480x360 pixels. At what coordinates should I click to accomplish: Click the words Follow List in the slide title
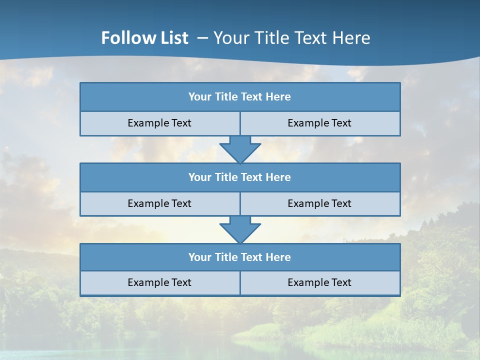coord(144,38)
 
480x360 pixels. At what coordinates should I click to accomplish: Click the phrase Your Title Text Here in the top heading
coord(292,38)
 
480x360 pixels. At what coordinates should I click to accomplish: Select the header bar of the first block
coord(240,97)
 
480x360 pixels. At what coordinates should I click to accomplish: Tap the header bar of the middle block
coord(240,177)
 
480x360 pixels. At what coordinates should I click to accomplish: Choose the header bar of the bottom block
coord(240,257)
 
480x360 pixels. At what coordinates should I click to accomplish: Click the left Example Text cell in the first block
coord(159,123)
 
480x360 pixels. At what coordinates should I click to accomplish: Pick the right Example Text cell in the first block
coord(319,123)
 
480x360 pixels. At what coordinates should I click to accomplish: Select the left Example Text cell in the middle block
coord(159,203)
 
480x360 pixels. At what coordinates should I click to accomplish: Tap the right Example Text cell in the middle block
coord(319,203)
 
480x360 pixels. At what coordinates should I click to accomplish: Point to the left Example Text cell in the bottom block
coord(159,282)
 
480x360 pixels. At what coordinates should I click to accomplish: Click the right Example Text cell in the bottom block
coord(319,282)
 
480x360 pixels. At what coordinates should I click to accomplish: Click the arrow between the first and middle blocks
coord(240,149)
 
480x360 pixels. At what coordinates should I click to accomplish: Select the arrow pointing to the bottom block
coord(240,229)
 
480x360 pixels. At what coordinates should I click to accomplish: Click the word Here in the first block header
coord(278,97)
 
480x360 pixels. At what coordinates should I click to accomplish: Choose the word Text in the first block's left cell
coord(181,123)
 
